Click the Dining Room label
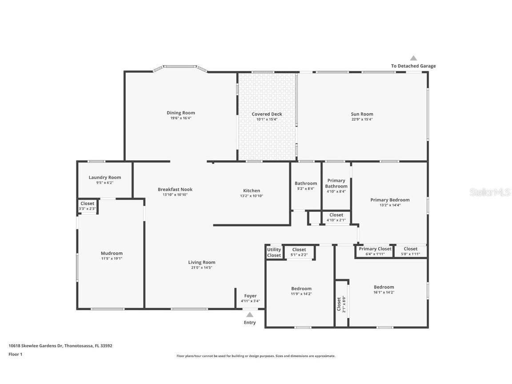(x=180, y=113)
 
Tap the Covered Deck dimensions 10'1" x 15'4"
(x=267, y=120)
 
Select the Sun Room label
(x=362, y=114)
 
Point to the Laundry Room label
(x=104, y=177)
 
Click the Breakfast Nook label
(x=175, y=189)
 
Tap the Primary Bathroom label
(x=336, y=183)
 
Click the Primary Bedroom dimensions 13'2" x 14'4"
(x=390, y=205)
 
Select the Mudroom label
(x=111, y=253)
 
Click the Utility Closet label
(x=274, y=252)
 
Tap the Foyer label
(x=250, y=296)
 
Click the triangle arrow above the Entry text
(x=250, y=315)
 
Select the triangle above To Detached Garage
(x=413, y=58)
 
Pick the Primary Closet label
(x=375, y=249)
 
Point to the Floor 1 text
(x=15, y=354)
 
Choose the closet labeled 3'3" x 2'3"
(x=87, y=206)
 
